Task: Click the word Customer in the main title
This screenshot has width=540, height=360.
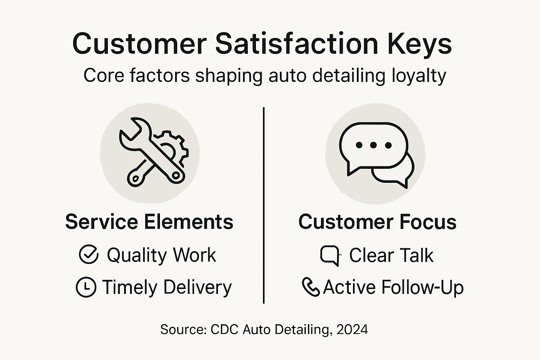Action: [x=139, y=44]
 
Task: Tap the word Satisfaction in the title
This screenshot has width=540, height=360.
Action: [x=296, y=44]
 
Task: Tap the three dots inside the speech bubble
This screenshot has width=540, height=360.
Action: [x=373, y=145]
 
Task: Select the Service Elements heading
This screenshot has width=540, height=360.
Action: [x=149, y=222]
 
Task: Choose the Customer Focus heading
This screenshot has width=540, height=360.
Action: [x=377, y=222]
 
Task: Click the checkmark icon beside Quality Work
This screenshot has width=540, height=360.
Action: [x=89, y=255]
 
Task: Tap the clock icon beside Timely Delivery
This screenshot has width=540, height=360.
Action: [x=86, y=287]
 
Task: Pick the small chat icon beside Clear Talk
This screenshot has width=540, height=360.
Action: [x=330, y=255]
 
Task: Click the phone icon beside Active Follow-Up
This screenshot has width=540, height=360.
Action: [x=310, y=287]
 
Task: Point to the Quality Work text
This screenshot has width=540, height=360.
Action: [x=161, y=255]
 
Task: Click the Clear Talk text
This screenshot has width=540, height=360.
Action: [x=391, y=255]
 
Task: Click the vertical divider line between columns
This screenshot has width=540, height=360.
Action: [x=264, y=205]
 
